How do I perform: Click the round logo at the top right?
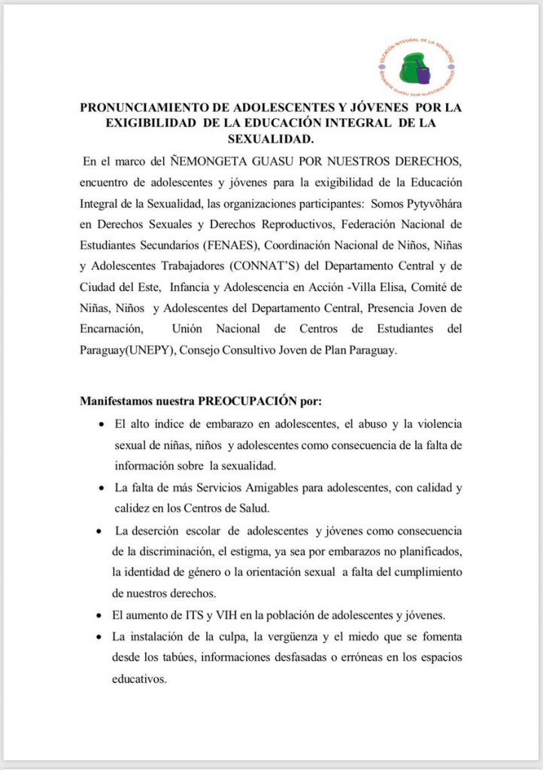(x=417, y=66)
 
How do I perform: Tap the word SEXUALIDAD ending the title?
(x=270, y=139)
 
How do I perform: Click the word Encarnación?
(x=111, y=329)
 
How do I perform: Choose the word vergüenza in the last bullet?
(x=283, y=637)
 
